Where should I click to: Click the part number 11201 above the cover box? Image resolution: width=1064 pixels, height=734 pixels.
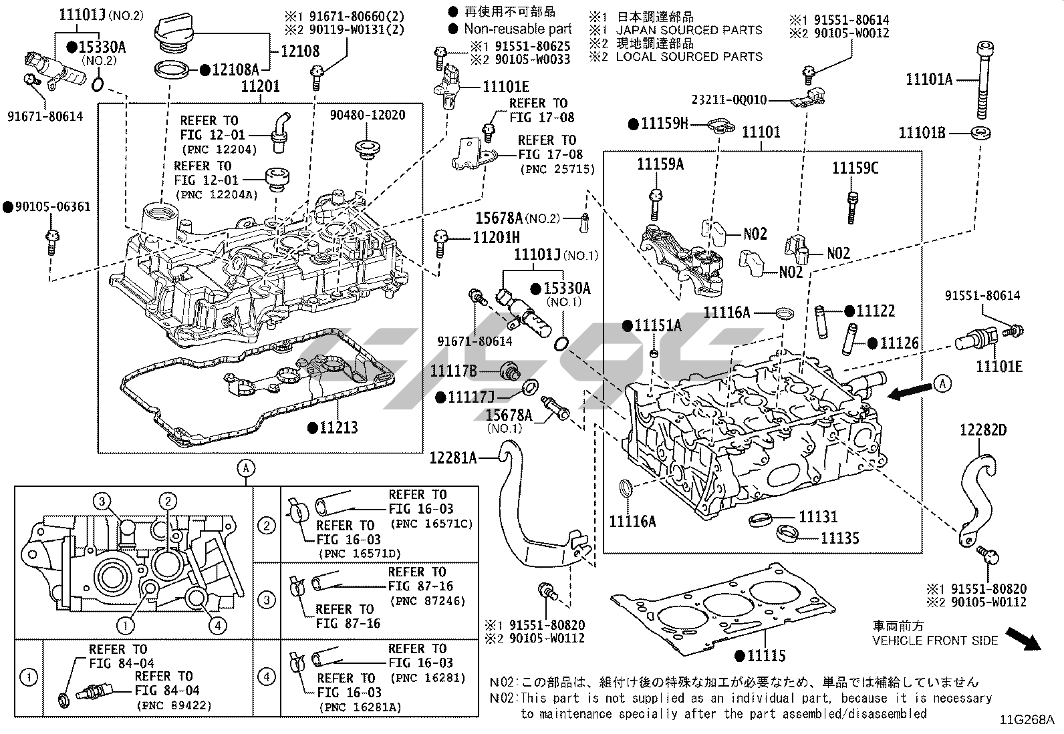pyautogui.click(x=260, y=86)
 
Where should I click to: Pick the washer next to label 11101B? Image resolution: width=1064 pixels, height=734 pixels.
pyautogui.click(x=980, y=132)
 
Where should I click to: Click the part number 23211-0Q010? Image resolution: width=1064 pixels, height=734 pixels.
pyautogui.click(x=728, y=100)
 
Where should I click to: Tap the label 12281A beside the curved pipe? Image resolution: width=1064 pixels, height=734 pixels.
pyautogui.click(x=453, y=457)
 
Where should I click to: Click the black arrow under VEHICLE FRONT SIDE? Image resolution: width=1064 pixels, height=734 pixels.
pyautogui.click(x=1023, y=638)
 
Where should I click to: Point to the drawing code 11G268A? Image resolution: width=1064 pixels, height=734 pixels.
pyautogui.click(x=1027, y=719)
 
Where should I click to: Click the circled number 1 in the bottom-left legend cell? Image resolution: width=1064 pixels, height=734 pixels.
pyautogui.click(x=29, y=678)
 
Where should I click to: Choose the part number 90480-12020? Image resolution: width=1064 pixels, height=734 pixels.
pyautogui.click(x=367, y=115)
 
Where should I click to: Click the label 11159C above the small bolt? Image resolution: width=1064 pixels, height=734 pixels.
pyautogui.click(x=855, y=168)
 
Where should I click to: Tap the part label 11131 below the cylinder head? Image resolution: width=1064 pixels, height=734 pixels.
pyautogui.click(x=817, y=516)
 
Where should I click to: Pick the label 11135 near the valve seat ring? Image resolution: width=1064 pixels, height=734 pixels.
pyautogui.click(x=839, y=538)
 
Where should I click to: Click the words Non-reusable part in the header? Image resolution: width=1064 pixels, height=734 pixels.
pyautogui.click(x=518, y=29)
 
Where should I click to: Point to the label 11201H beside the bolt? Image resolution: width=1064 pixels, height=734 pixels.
pyautogui.click(x=497, y=237)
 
